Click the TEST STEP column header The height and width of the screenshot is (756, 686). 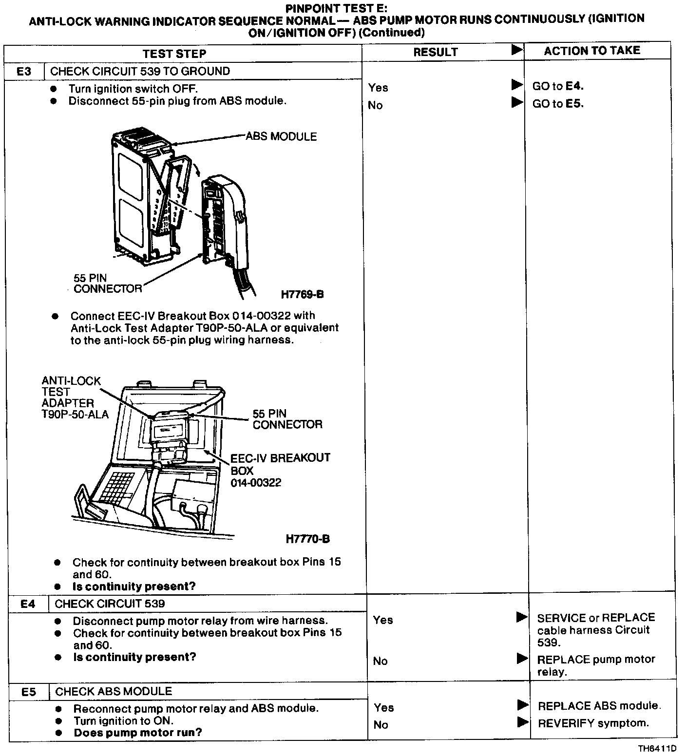174,53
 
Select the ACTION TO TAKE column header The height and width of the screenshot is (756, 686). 592,51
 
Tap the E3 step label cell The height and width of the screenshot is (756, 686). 24,71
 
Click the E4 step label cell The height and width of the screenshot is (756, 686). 28,604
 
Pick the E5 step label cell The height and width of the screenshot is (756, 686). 29,692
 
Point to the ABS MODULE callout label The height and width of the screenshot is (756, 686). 281,136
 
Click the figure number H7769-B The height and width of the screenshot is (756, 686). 302,294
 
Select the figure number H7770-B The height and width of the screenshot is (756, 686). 307,539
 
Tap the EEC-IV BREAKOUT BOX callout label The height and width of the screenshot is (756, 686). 280,470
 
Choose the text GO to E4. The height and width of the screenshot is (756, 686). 558,86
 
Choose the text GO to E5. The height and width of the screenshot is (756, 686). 558,104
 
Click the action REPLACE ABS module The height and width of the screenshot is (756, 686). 599,706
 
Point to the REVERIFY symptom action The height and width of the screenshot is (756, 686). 593,723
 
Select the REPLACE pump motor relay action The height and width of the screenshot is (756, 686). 596,665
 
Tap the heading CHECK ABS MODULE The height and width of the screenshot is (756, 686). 114,692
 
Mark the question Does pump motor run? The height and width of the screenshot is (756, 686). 137,733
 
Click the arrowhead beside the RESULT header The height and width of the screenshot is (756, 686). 517,50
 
